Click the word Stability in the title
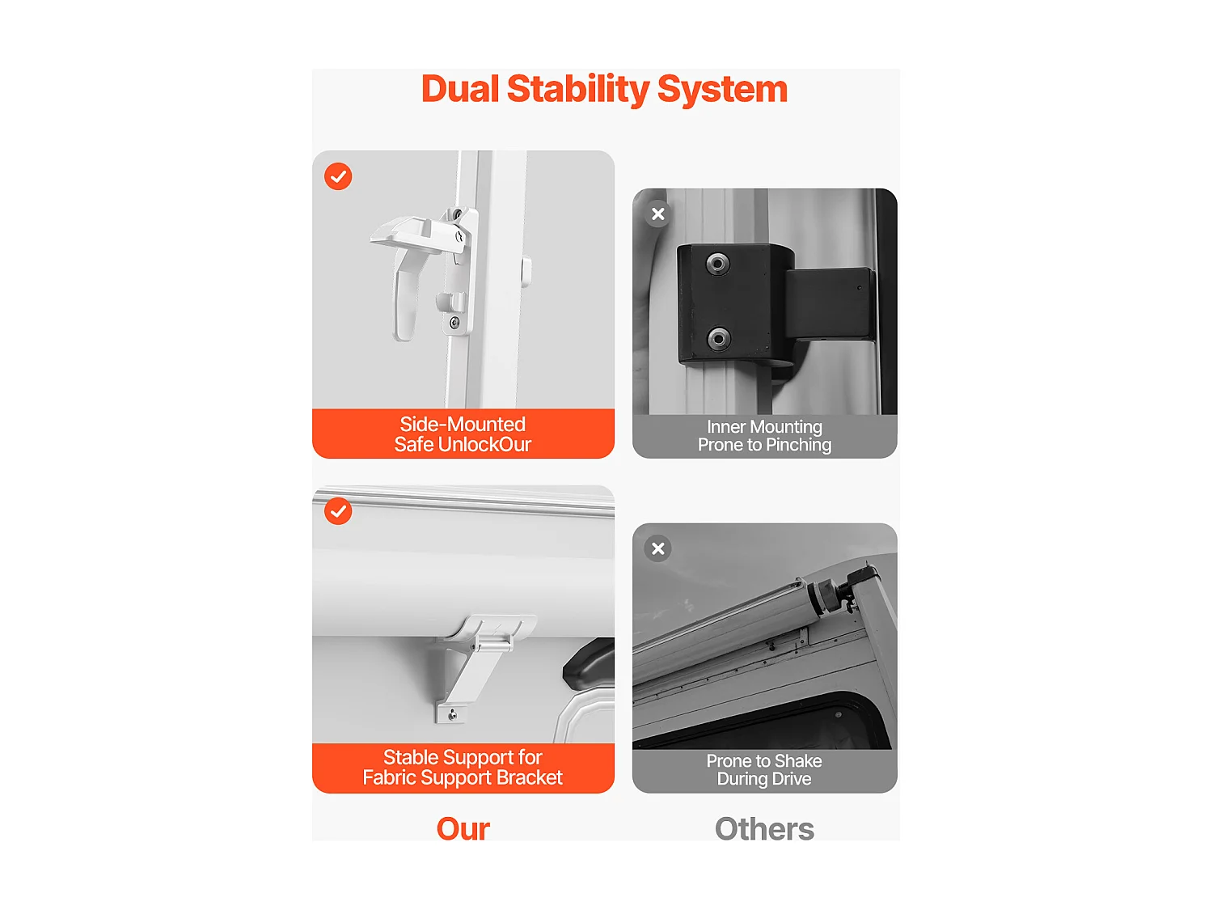(577, 90)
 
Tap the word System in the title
(722, 90)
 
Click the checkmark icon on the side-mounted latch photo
(338, 176)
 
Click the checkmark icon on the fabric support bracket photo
(338, 511)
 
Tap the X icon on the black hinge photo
(657, 214)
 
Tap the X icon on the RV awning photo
(657, 548)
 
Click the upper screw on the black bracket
(717, 264)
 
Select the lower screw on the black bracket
(718, 337)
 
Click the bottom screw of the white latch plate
(454, 323)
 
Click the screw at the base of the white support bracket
(453, 714)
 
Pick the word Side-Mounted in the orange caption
(463, 425)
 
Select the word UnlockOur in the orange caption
(484, 444)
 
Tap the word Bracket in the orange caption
(530, 777)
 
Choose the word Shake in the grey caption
(797, 761)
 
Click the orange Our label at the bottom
(463, 829)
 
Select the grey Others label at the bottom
(764, 829)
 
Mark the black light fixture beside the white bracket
(589, 663)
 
